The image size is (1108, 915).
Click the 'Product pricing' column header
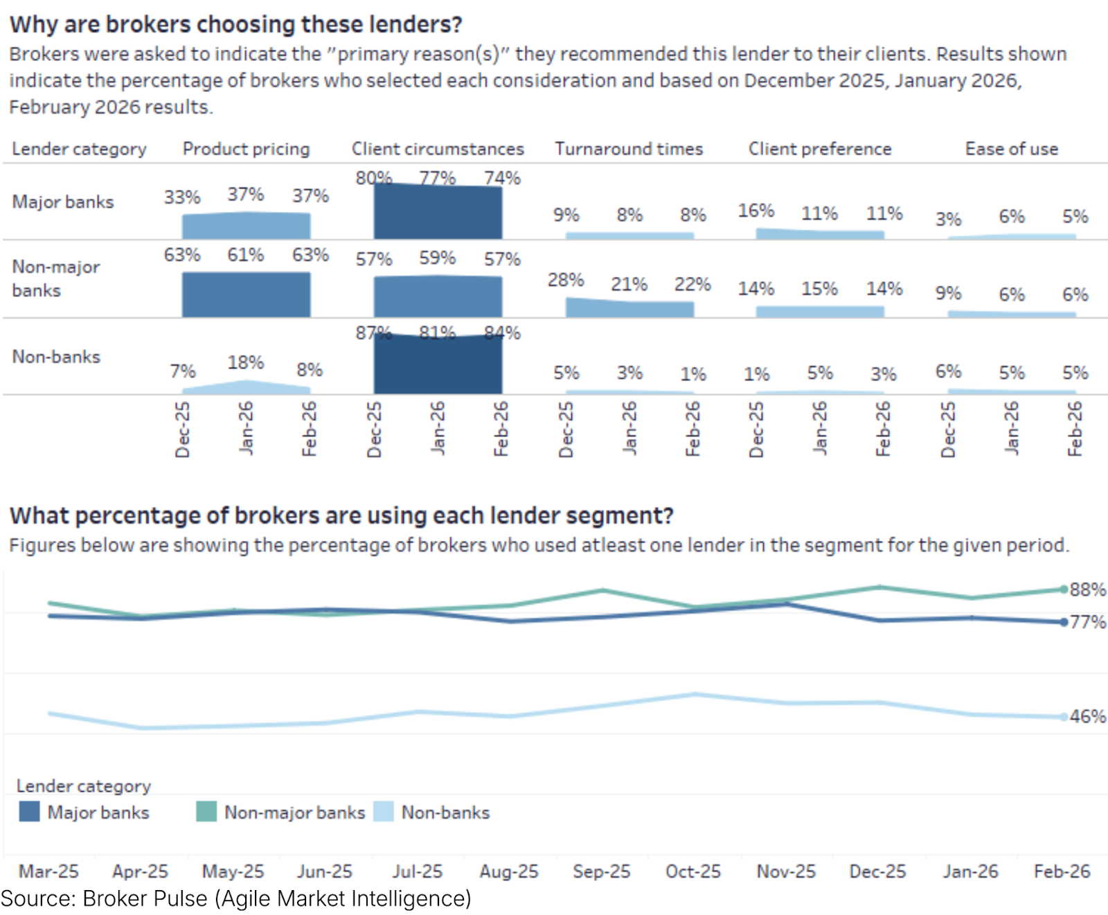pos(246,149)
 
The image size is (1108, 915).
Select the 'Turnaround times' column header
pos(629,149)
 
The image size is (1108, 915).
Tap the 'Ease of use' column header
pos(1011,149)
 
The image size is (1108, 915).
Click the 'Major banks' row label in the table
pos(63,202)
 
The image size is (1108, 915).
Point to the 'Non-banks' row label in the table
pos(56,357)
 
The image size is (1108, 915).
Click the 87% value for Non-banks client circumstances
pos(373,333)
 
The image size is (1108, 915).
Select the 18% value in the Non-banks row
pos(246,362)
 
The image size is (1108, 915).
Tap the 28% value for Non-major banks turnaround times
pos(566,280)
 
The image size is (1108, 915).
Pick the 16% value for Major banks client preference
pos(756,211)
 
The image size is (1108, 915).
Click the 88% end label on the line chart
pos(1087,589)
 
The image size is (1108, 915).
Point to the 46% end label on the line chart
pos(1087,716)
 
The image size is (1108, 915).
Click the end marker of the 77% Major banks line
pos(1064,622)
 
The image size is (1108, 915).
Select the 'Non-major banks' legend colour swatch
pos(206,812)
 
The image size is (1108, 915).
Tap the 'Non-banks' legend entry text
pos(445,812)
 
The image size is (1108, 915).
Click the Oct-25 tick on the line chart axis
pos(693,871)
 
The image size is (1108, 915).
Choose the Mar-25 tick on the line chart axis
pos(48,871)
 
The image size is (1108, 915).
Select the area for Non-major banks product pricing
pos(246,295)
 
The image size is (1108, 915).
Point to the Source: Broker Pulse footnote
pos(235,898)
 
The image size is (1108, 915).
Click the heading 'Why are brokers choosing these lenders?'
pos(235,24)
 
